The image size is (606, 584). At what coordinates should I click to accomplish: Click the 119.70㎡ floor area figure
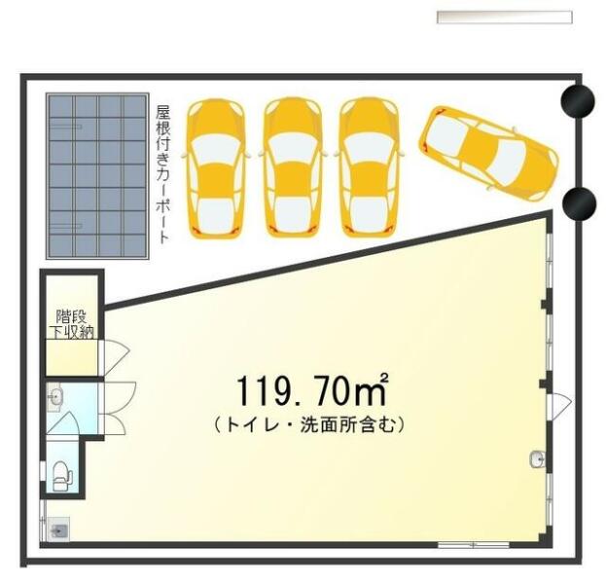pos(312,390)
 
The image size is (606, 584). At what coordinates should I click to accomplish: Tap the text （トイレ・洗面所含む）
pos(309,425)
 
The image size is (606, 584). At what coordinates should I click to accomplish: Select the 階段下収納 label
pos(72,324)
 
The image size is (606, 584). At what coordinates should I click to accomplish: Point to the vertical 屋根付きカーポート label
pos(162,174)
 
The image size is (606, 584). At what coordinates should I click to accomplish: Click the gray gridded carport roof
pos(97,176)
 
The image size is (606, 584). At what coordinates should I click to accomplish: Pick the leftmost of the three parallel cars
pos(216,167)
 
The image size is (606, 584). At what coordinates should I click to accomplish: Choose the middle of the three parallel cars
pos(293,167)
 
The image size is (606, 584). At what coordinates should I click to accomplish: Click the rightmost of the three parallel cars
pos(369,167)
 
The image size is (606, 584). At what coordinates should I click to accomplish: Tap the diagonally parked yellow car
pos(488,153)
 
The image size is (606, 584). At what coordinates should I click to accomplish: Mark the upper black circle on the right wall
pos(578,101)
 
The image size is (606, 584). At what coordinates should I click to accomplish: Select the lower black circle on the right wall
pos(579,203)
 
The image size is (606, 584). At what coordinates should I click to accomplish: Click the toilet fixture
pos(62,476)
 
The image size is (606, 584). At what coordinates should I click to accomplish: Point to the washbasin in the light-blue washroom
pos(55,397)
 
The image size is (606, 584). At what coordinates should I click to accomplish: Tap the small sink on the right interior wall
pos(538,459)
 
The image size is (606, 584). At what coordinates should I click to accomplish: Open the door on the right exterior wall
pos(560,403)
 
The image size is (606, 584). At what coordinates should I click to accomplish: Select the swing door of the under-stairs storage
pos(116,358)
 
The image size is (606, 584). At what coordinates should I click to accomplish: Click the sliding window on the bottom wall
pos(473,545)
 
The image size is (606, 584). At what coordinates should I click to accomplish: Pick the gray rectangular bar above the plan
pos(505,18)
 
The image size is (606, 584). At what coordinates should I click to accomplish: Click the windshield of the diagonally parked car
pos(511,161)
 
